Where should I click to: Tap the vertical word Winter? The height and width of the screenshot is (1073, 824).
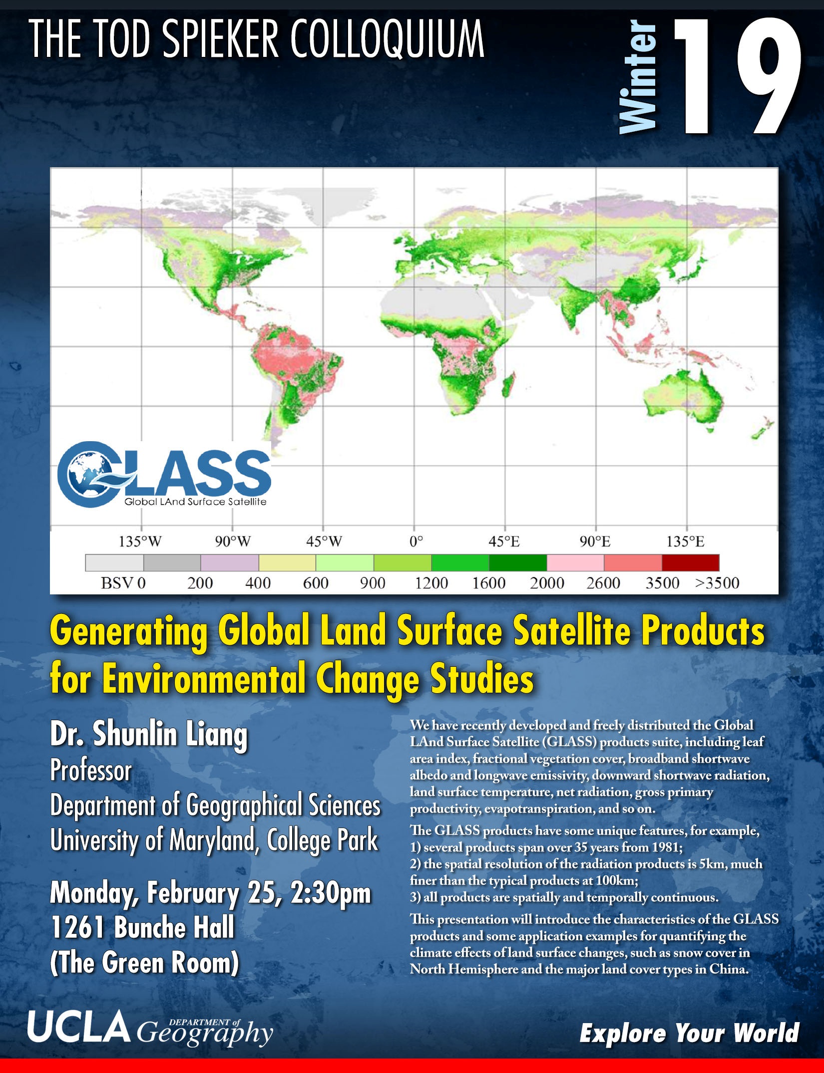(638, 77)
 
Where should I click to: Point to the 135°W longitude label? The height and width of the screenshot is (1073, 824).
(140, 541)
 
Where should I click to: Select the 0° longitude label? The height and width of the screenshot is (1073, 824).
(416, 541)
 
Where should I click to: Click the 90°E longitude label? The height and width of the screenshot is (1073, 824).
(595, 541)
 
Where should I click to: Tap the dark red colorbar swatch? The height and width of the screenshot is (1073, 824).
(691, 562)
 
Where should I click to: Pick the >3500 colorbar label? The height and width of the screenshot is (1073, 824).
(717, 583)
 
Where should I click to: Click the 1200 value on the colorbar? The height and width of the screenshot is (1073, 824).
(431, 583)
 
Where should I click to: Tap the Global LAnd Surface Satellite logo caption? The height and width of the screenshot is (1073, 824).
(195, 502)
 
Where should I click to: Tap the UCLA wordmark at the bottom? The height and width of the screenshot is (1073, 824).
(78, 1028)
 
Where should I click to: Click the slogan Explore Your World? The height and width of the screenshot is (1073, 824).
(689, 1033)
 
